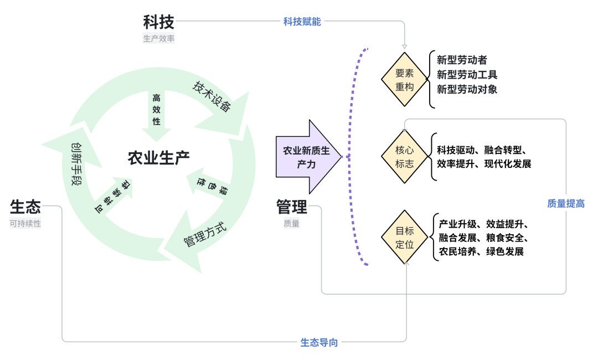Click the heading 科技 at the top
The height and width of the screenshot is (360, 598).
[159, 22]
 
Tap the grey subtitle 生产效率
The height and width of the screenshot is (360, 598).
[159, 39]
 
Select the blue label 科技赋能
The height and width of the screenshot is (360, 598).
[302, 22]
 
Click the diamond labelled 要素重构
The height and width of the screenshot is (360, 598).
[405, 80]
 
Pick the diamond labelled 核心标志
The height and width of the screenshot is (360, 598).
[405, 157]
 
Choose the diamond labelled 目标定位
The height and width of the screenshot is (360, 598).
[405, 237]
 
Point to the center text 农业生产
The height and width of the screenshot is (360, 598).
[159, 158]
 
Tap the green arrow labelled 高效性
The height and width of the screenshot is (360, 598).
[156, 114]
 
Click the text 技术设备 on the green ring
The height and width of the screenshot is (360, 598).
[212, 96]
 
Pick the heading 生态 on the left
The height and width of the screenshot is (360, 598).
[25, 207]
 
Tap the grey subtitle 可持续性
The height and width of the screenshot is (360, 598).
[25, 224]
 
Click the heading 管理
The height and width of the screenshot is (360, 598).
[292, 207]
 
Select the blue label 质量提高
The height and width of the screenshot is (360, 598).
[566, 203]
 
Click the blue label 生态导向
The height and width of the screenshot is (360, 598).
[319, 342]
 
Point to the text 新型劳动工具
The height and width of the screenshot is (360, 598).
[467, 75]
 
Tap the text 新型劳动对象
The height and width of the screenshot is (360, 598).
[467, 89]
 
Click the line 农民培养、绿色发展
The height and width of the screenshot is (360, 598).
[481, 251]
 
